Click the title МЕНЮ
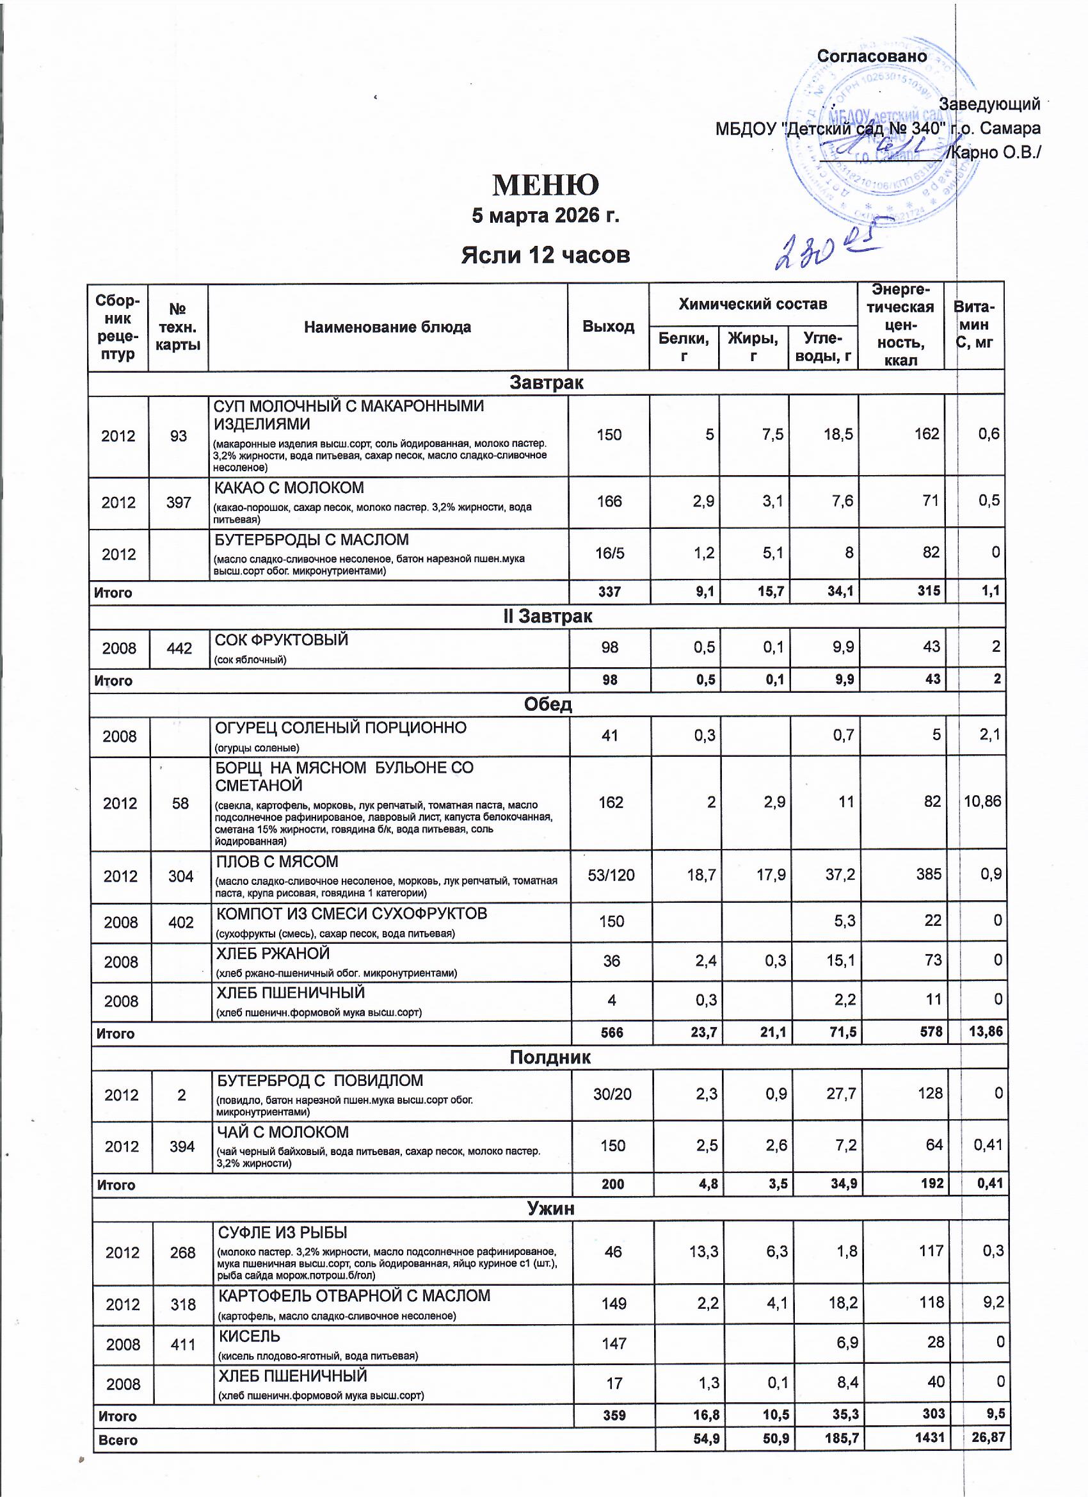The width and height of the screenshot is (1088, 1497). point(546,186)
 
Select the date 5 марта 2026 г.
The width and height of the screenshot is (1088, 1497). point(546,216)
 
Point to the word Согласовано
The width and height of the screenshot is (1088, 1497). point(872,57)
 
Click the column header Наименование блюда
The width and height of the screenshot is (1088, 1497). point(387,327)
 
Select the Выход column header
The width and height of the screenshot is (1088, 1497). point(607,327)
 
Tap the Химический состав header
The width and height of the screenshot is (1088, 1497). point(752,304)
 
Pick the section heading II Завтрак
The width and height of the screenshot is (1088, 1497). point(547,617)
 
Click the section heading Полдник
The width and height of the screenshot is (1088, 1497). point(549,1057)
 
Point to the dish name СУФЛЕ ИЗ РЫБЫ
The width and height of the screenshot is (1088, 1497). point(282,1233)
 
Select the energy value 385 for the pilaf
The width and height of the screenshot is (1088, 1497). point(929,875)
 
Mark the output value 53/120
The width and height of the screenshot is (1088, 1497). point(611,876)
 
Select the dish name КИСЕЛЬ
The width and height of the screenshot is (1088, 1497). point(250,1337)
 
